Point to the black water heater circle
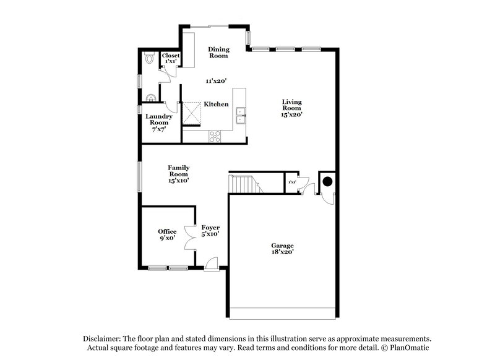[326, 182]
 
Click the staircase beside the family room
[243, 183]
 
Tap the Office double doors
[190, 241]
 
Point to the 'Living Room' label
[292, 106]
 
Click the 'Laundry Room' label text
[158, 119]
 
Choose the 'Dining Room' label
[218, 53]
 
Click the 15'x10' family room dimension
[178, 181]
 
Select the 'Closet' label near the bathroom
[171, 56]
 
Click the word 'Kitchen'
[217, 105]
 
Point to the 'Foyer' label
[210, 228]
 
